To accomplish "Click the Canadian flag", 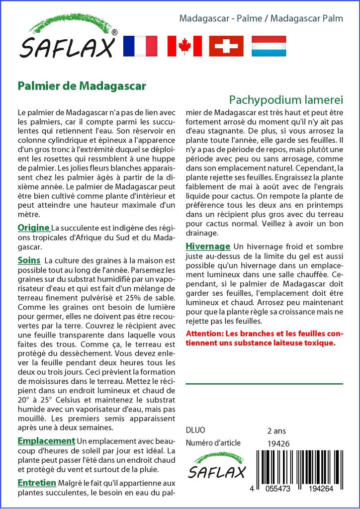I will click(x=184, y=46).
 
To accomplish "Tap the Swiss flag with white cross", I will click(x=226, y=46).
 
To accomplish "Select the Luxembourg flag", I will click(x=269, y=46).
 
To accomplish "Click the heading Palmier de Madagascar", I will click(x=82, y=85).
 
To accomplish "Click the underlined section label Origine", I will click(x=34, y=228).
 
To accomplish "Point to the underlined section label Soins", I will click(x=29, y=260).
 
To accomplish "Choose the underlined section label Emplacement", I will click(x=46, y=441).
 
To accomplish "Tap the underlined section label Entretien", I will click(x=37, y=483).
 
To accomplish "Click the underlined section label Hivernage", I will click(x=208, y=246).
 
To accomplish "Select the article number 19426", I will click(x=278, y=443).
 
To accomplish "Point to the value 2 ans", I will click(x=276, y=430).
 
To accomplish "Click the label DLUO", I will click(x=195, y=430).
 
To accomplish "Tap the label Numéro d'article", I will click(x=213, y=443).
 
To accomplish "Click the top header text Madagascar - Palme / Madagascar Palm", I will click(x=261, y=18).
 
